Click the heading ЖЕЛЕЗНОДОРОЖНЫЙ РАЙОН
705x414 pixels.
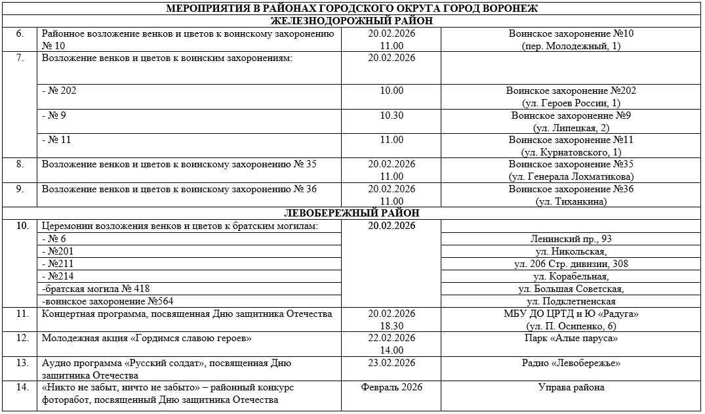coord(352,21)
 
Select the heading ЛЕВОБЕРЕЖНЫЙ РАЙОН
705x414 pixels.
coord(352,214)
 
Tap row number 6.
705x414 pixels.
coord(20,33)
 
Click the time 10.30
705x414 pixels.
coord(392,115)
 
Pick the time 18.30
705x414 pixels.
coord(392,326)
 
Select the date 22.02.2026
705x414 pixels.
coord(392,339)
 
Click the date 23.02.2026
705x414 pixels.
coord(392,363)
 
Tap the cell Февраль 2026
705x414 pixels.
coord(392,387)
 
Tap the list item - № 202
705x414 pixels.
coord(59,91)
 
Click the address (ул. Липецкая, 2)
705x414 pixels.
coord(571,128)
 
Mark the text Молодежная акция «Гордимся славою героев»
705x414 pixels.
coord(147,339)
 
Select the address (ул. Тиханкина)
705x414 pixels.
coord(571,201)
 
